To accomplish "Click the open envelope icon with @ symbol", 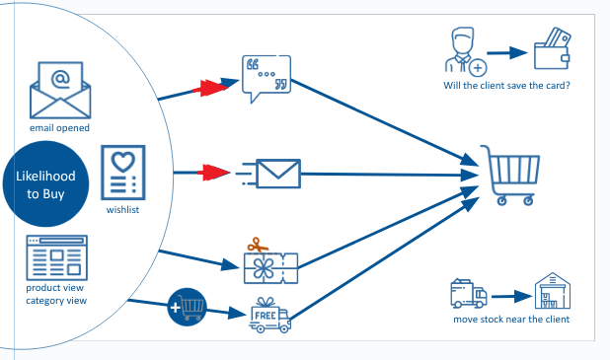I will [59, 91].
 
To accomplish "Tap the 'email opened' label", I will [59, 128].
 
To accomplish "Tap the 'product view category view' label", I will [58, 294].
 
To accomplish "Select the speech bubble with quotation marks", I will [266, 78].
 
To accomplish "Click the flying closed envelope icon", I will [269, 174].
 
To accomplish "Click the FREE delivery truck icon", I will [268, 316].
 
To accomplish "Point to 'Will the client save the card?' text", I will [506, 85].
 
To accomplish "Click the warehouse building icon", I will [555, 293].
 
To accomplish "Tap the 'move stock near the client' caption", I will [511, 320].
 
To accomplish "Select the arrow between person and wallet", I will [505, 54].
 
